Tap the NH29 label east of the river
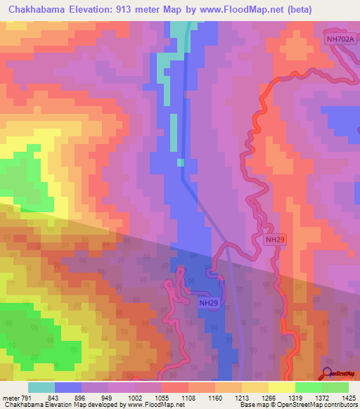[276, 240]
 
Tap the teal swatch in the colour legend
[41, 387]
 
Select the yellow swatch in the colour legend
[281, 387]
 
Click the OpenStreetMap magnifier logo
[328, 373]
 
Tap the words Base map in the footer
[252, 405]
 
